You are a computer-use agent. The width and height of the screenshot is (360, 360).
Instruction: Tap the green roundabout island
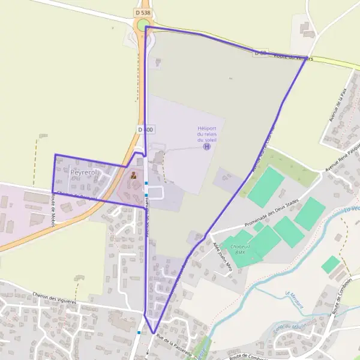point(143,25)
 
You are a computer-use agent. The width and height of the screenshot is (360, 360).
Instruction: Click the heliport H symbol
point(207,146)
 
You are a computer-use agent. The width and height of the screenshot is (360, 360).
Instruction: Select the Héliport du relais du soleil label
point(207,134)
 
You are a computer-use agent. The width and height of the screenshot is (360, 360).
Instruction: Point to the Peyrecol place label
point(83,172)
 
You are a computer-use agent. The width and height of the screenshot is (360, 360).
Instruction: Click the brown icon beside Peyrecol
point(133,176)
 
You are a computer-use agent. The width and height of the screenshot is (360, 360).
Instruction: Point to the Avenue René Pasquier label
point(342,158)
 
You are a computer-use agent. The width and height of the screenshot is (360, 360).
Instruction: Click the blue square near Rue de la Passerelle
point(139,332)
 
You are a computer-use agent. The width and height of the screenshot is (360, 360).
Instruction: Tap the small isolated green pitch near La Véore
point(331,265)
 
